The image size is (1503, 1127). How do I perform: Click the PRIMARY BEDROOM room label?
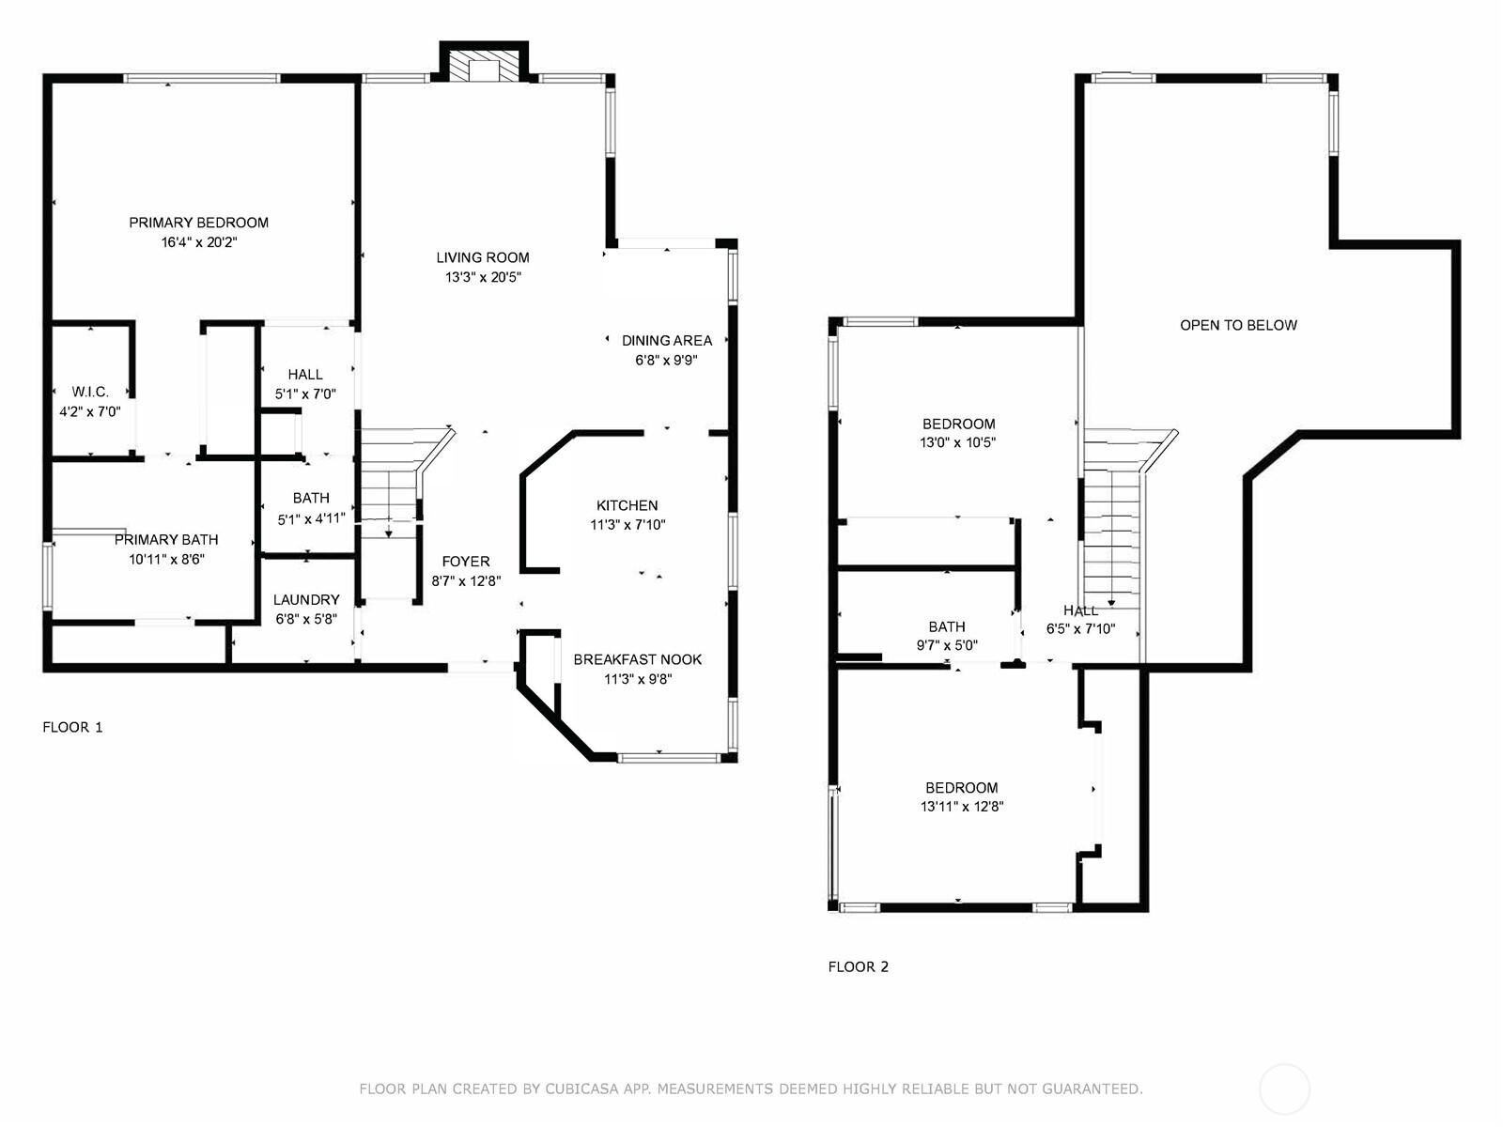tap(198, 223)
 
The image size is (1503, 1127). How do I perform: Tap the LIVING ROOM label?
tap(483, 258)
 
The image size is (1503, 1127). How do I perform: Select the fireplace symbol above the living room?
tap(484, 64)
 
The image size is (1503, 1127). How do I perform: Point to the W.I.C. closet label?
tap(90, 392)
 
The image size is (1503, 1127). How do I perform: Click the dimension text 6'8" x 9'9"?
tap(666, 360)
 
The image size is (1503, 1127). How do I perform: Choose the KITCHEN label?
tap(628, 505)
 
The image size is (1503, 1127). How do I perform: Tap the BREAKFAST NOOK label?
tap(638, 659)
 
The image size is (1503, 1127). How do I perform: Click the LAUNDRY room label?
tap(306, 600)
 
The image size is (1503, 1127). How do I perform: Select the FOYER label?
tap(466, 562)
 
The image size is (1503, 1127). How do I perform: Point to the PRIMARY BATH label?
tap(166, 540)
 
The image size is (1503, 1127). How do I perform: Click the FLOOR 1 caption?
tap(72, 727)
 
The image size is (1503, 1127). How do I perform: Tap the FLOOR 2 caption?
tap(858, 967)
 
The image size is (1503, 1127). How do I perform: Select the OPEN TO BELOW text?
tap(1238, 326)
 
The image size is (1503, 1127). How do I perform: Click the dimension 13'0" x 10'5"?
tap(957, 442)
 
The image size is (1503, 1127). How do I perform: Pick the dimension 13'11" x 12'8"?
tap(961, 807)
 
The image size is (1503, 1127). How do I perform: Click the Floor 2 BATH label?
tap(947, 626)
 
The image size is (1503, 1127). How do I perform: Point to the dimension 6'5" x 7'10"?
tap(1080, 629)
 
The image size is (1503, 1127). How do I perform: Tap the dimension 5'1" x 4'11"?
tap(311, 519)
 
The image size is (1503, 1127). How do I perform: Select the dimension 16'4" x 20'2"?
tap(198, 242)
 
